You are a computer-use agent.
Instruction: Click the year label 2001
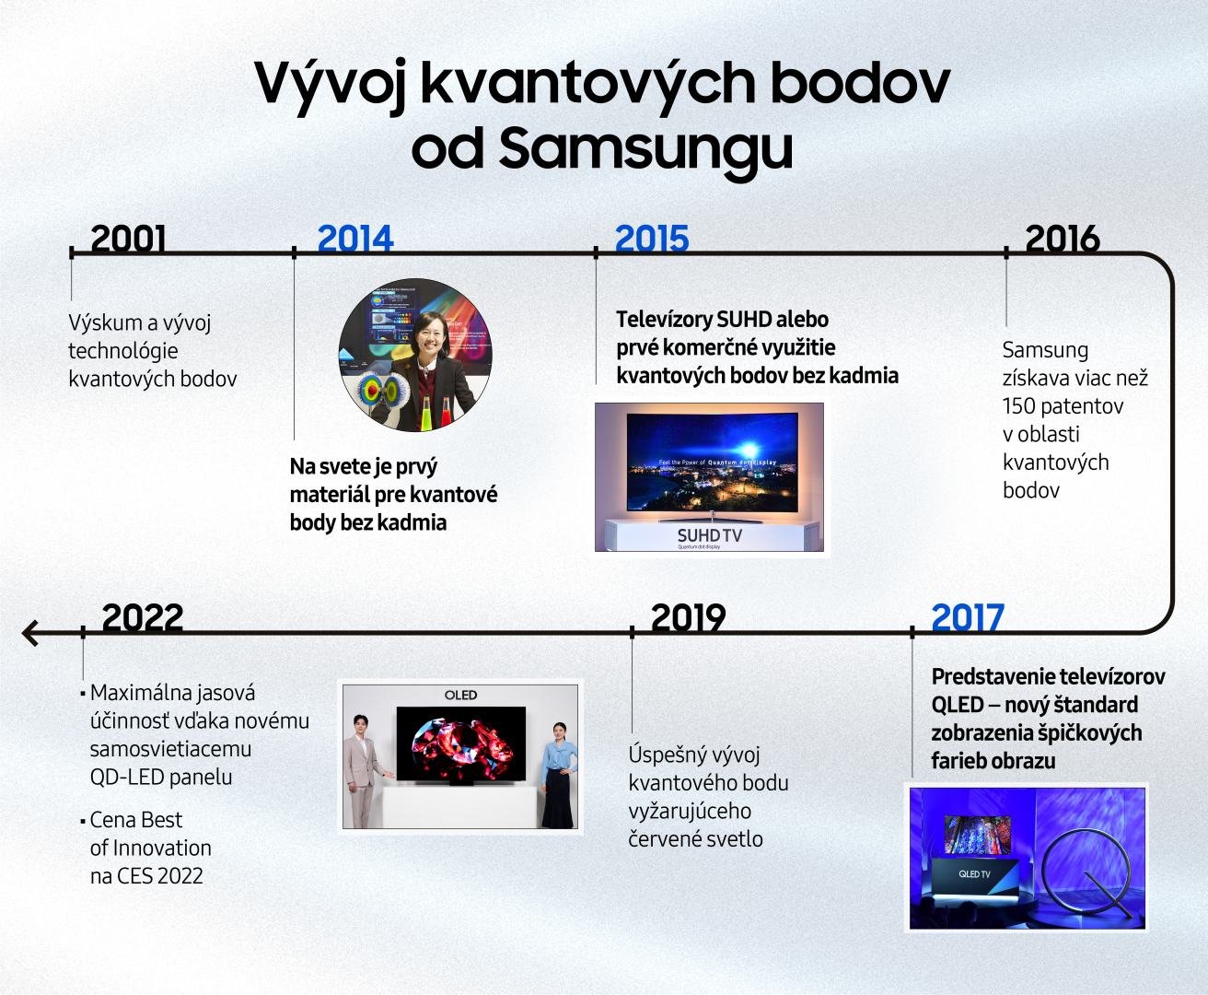point(128,239)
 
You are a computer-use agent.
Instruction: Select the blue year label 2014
point(355,239)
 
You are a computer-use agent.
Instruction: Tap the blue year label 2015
point(652,239)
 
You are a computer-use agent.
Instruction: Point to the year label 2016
point(1063,239)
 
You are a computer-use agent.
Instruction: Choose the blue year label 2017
point(968,617)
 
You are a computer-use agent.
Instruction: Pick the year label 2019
point(689,617)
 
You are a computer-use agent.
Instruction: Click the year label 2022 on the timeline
point(143,617)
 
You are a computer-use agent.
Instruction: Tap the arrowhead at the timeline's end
point(29,633)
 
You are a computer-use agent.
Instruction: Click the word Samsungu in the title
point(645,148)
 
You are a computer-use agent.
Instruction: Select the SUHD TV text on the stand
point(709,536)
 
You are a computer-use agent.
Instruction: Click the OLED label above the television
point(460,696)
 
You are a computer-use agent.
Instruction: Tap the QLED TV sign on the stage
point(974,874)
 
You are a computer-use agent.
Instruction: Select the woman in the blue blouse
point(557,775)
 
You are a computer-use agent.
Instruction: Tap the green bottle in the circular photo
point(425,414)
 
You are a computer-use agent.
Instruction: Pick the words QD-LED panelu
point(161,778)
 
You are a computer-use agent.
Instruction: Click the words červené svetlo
point(695,839)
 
